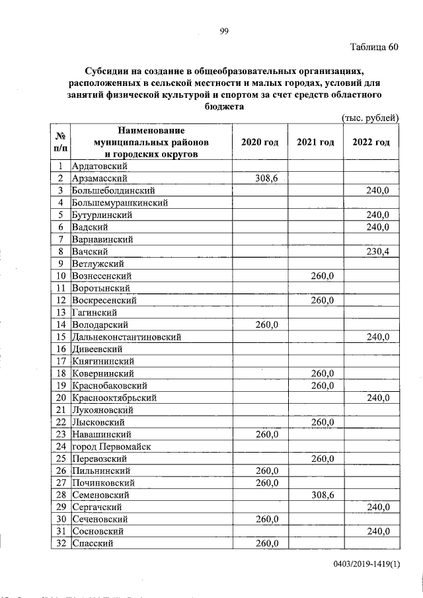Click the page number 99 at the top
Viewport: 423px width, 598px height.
tap(223, 29)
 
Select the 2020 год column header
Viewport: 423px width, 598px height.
tap(259, 142)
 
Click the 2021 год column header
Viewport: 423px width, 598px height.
tap(315, 142)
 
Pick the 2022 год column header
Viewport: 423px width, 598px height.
tap(371, 142)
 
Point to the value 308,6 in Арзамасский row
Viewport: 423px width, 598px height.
tap(268, 178)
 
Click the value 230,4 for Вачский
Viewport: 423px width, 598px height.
tap(378, 251)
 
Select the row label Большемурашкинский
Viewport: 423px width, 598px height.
tap(120, 203)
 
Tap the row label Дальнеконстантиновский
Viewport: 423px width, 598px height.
tap(126, 337)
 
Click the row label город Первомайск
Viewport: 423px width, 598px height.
tap(112, 446)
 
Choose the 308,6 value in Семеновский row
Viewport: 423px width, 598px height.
tap(323, 494)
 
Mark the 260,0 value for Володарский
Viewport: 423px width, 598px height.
tap(268, 324)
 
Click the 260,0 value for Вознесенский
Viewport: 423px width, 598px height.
tap(323, 276)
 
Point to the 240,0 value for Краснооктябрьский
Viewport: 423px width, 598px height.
tap(378, 398)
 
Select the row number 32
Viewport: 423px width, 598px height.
tap(60, 543)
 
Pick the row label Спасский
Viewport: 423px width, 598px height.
tap(93, 543)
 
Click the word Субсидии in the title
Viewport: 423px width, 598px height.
tap(108, 71)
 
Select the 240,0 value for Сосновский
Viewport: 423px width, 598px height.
tap(378, 531)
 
